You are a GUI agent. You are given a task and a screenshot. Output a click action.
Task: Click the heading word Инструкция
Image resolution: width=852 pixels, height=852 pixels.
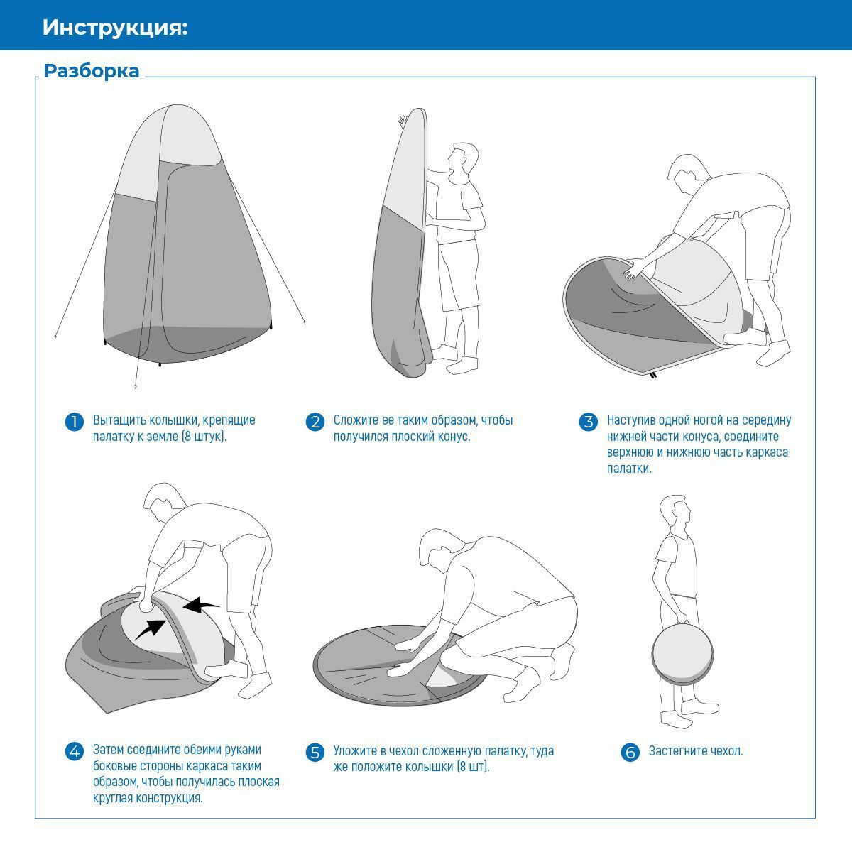pos(114,28)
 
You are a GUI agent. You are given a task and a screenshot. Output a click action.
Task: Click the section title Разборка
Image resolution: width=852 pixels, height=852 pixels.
pos(92,71)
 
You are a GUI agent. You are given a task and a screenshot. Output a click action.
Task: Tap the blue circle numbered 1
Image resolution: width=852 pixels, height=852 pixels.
pos(75,421)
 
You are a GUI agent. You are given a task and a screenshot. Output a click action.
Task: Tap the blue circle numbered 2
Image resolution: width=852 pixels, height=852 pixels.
pos(315,421)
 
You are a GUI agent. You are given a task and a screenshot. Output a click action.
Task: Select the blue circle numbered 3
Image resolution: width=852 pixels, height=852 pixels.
pos(589,421)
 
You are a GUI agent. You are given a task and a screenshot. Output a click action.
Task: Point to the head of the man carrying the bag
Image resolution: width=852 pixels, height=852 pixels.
pos(674,511)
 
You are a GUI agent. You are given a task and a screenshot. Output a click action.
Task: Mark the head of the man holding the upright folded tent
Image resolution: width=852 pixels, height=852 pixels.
pos(463,158)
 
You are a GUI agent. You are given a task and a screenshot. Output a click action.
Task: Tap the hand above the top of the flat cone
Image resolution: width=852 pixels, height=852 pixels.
pos(403,120)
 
